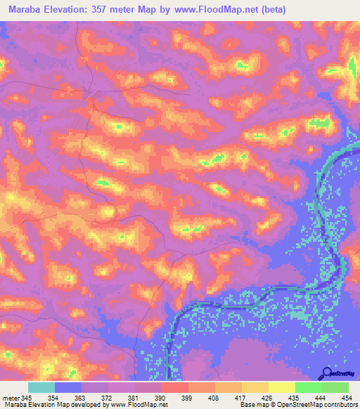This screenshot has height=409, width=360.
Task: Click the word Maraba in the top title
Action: coord(25,9)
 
